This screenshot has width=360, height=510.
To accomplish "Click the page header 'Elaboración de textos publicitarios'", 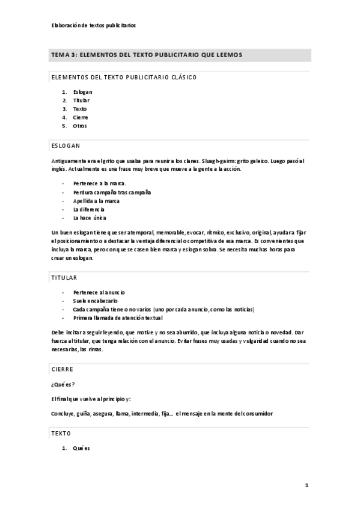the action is (94, 26).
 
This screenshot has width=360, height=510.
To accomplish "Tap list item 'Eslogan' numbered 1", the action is (83, 92).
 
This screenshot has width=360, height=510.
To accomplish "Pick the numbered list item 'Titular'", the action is (81, 100).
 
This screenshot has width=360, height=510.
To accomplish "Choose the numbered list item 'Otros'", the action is (80, 126).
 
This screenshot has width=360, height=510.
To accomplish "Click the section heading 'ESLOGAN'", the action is (66, 146).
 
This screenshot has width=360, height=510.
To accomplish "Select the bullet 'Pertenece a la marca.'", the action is (100, 183).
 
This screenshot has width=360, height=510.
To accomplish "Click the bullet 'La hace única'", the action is (90, 217).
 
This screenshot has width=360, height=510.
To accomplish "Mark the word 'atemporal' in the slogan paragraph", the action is (139, 232).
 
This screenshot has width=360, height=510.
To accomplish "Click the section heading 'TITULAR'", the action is (64, 278).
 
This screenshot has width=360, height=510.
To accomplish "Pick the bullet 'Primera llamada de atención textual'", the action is (118, 317).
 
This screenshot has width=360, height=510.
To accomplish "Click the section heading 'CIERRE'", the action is (63, 370).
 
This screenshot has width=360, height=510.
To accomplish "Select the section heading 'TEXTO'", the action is (61, 433).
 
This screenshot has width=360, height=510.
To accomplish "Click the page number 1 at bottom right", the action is (307, 485).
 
